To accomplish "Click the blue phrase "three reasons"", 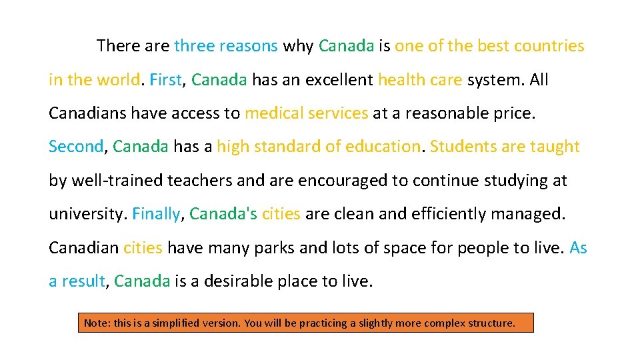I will (225, 46).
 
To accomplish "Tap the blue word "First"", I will (165, 80).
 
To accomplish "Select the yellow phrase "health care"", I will (419, 80).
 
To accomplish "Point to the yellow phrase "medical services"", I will (306, 113).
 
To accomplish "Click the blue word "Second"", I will (76, 147).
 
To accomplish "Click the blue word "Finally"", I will (156, 214).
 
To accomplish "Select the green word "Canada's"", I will (223, 214).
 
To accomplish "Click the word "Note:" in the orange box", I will (97, 323).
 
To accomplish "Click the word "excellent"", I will (339, 80).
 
